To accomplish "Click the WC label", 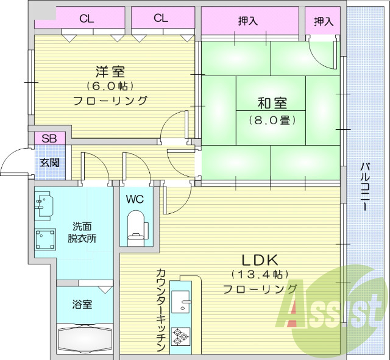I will (x=135, y=199).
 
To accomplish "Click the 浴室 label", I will (x=83, y=303).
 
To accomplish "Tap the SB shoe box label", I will (x=49, y=138).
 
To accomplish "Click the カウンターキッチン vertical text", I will (x=161, y=310).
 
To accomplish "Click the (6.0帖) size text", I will (x=110, y=85).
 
